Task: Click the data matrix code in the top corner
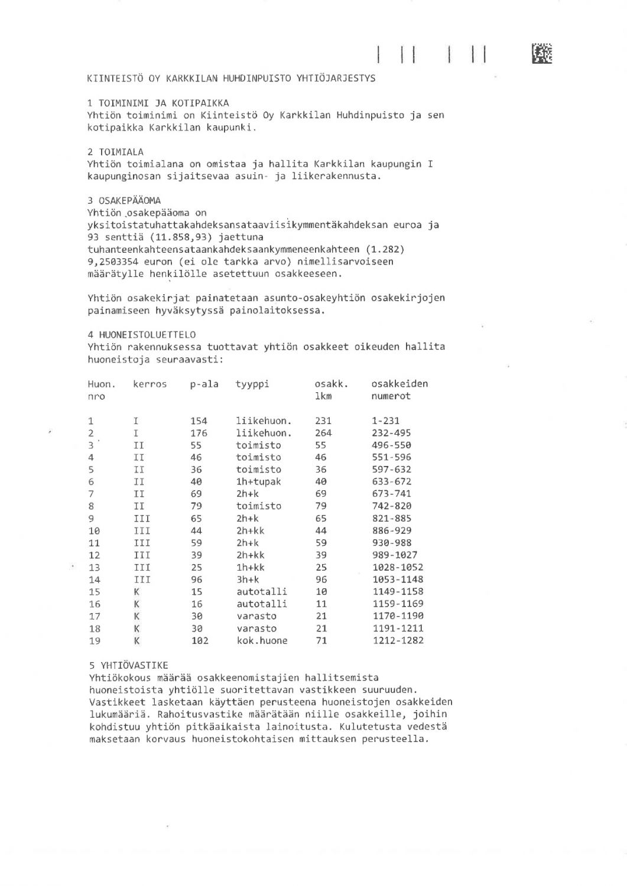[542, 54]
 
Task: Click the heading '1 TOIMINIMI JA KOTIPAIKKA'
[158, 103]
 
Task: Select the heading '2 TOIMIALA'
[115, 152]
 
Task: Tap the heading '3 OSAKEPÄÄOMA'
[124, 200]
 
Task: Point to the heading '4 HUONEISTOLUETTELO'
[142, 335]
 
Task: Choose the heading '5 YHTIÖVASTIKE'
[128, 665]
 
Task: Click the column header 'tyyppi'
[252, 384]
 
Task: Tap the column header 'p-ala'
[204, 384]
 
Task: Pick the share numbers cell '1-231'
[386, 421]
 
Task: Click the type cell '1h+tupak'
[259, 481]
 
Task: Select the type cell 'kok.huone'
[262, 640]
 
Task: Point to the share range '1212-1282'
[398, 640]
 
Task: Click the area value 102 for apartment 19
[199, 640]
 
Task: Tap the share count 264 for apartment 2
[323, 433]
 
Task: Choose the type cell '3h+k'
[248, 579]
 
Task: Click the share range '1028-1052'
[398, 567]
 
